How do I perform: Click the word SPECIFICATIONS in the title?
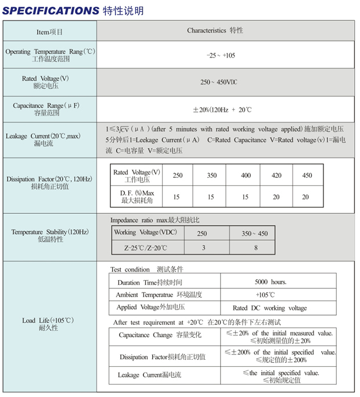[51, 10]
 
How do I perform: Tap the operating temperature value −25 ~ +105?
[221, 55]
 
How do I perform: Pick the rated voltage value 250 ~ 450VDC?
[218, 82]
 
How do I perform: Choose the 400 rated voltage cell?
[246, 175]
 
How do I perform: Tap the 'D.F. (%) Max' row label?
[137, 196]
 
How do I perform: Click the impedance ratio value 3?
[202, 248]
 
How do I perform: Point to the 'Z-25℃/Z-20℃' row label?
[145, 248]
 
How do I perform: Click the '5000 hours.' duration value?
[270, 282]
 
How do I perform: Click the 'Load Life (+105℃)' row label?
[49, 324]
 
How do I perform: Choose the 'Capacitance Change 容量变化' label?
[153, 335]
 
